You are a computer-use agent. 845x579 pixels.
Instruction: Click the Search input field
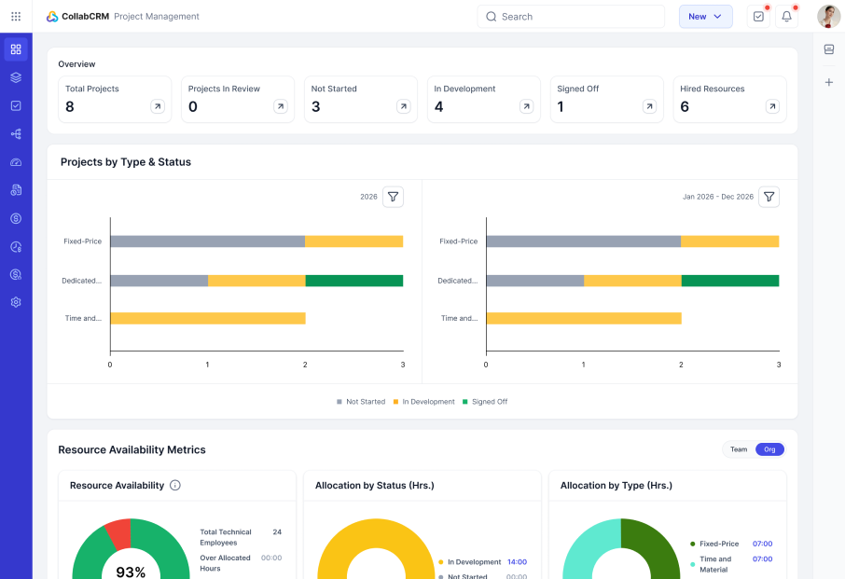pos(570,17)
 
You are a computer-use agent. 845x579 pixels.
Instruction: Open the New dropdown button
pos(705,17)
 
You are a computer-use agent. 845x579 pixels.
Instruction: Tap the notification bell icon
pos(786,17)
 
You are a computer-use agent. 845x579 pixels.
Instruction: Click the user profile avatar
pos(828,17)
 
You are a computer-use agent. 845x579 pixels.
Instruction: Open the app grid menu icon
pos(16,17)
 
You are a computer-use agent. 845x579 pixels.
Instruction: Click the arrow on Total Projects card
pos(158,106)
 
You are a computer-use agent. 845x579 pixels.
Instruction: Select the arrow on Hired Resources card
pos(772,106)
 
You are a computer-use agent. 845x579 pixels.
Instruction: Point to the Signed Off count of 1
pos(561,106)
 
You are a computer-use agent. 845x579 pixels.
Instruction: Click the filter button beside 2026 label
pos(393,197)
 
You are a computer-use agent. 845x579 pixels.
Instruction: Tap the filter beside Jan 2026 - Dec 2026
pos(769,197)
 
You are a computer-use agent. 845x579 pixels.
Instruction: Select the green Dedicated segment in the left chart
pos(354,281)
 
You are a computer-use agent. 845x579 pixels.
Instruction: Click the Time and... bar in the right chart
pos(584,318)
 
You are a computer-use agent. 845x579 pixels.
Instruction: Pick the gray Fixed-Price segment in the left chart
pos(207,241)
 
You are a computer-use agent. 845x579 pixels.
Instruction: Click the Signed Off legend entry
pos(485,402)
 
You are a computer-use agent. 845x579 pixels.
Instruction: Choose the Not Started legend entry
pos(361,402)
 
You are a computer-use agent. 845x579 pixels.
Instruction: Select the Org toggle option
pos(769,449)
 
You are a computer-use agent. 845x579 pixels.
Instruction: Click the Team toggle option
pos(739,449)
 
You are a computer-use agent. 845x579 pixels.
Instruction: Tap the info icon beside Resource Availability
pos(175,485)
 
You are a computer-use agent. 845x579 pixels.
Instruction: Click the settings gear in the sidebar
pos(16,302)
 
